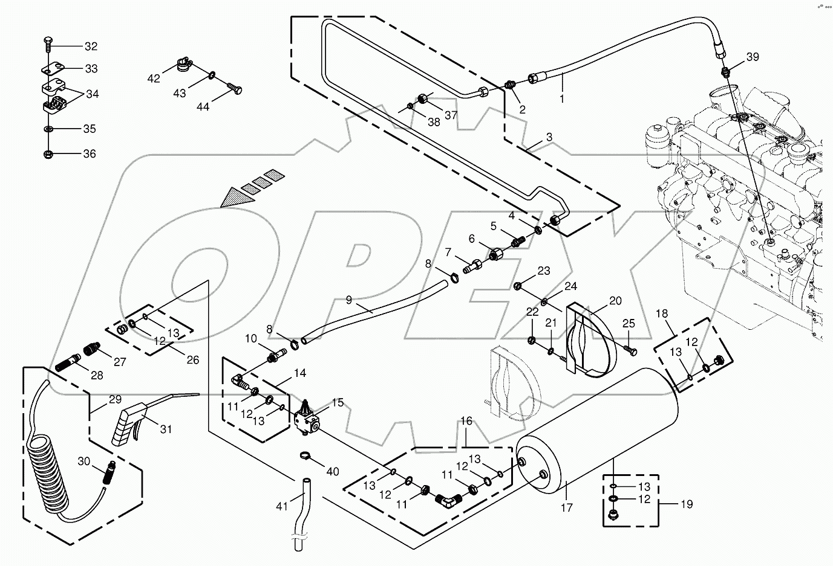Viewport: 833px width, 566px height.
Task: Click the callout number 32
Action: coord(90,47)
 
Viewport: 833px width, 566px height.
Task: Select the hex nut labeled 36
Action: coord(48,155)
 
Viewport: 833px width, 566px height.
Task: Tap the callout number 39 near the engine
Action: coord(752,57)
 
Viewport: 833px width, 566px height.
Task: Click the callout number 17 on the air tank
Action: coord(567,508)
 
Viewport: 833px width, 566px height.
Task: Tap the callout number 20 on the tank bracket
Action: coord(615,300)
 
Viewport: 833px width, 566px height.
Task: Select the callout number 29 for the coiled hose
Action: coord(115,399)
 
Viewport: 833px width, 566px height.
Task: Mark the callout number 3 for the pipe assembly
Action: coord(549,137)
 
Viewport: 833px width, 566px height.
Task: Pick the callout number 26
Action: coord(192,360)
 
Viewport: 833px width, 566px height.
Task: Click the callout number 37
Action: coord(451,115)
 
